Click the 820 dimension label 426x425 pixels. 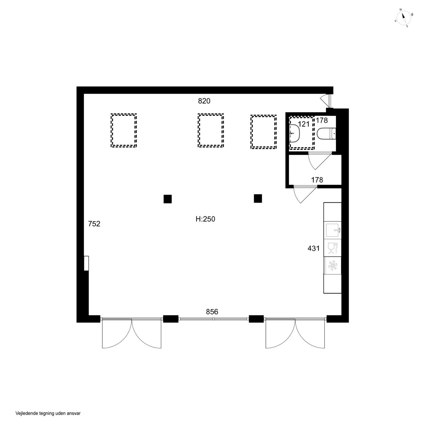tap(204, 101)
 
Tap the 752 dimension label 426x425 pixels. tap(94, 224)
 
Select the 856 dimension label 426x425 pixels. tap(212, 312)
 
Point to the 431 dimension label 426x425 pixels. tap(313, 248)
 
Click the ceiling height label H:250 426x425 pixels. tap(205, 219)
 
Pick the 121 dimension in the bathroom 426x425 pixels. tap(304, 124)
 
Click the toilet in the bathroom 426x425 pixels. tap(326, 134)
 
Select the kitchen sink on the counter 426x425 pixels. tap(332, 230)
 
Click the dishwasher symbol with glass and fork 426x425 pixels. tap(332, 248)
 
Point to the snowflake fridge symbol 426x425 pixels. tap(332, 265)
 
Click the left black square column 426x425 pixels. tap(167, 199)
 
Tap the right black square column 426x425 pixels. tap(258, 198)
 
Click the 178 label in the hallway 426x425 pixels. tap(317, 180)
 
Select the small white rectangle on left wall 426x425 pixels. tap(86, 263)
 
